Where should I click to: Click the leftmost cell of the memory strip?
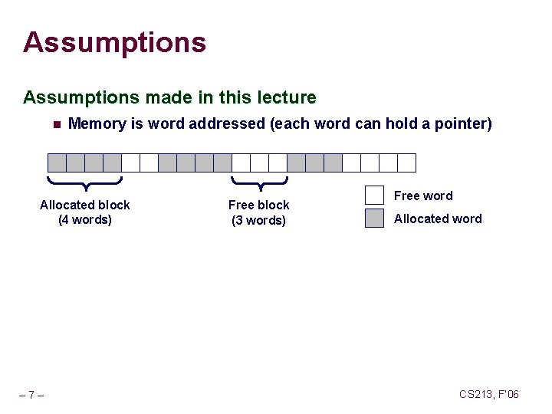(x=57, y=163)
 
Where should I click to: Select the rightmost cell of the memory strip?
(x=406, y=163)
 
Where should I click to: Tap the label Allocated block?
(x=85, y=205)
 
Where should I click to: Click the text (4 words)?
(x=85, y=220)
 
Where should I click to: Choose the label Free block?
(x=259, y=205)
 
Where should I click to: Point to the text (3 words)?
(x=259, y=221)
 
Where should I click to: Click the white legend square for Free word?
(x=374, y=195)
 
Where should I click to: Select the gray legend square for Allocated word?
(x=374, y=219)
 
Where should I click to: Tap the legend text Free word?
(x=423, y=195)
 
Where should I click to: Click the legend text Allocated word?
(x=438, y=219)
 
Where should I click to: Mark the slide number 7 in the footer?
(x=31, y=396)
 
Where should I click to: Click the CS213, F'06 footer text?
(x=489, y=394)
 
